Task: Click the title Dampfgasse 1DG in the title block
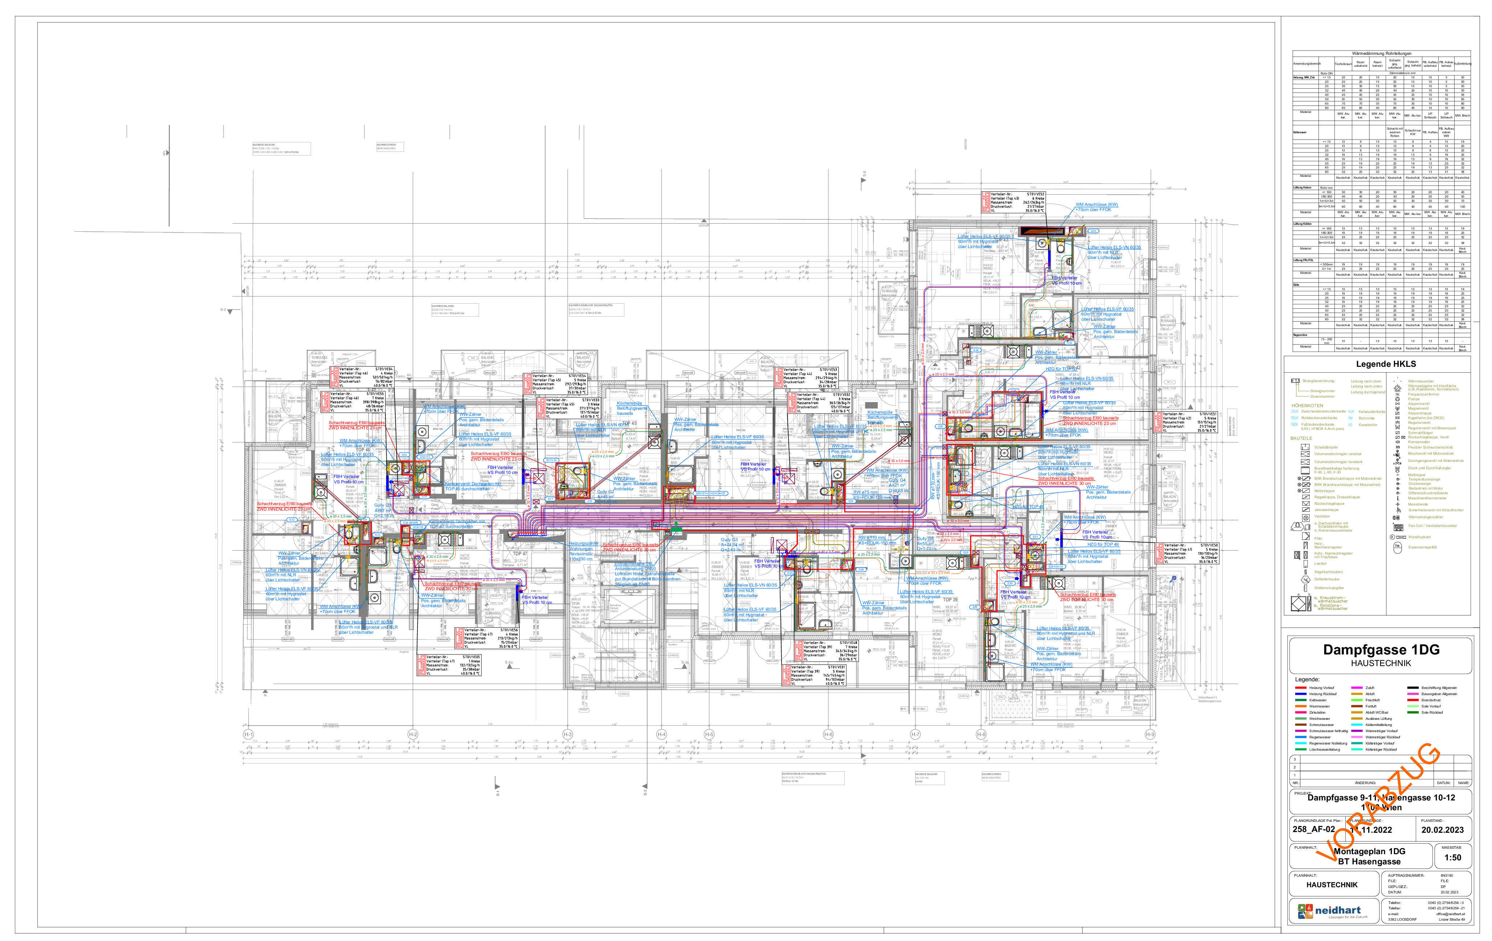click(1381, 650)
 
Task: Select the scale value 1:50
click(1452, 857)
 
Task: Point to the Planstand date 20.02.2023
click(1442, 830)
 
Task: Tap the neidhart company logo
click(1332, 910)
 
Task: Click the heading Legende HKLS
click(1385, 364)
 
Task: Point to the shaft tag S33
click(1093, 231)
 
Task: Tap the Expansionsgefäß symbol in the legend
click(1398, 547)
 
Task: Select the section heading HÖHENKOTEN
click(1307, 405)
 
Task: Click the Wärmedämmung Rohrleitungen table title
click(1381, 54)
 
